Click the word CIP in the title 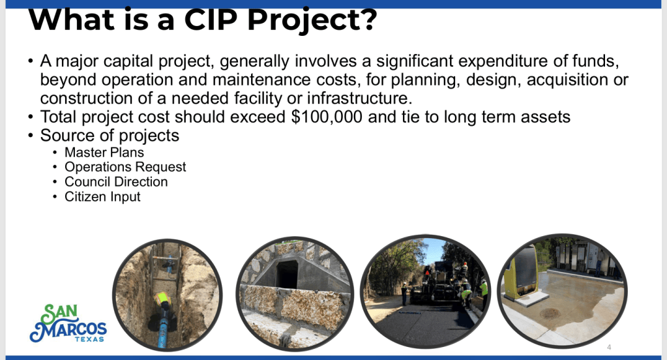click(x=210, y=20)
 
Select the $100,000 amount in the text click(x=327, y=117)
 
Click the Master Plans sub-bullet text click(x=104, y=153)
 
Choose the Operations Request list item click(x=125, y=167)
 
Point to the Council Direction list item click(x=116, y=182)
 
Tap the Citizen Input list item click(x=102, y=196)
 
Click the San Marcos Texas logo click(x=68, y=323)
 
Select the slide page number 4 click(x=609, y=347)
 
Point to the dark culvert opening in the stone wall click(x=287, y=274)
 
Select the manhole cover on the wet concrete click(x=550, y=314)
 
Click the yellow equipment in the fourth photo click(x=520, y=273)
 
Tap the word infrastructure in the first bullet click(x=360, y=98)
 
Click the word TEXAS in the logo click(x=89, y=339)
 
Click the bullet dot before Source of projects click(x=30, y=136)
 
